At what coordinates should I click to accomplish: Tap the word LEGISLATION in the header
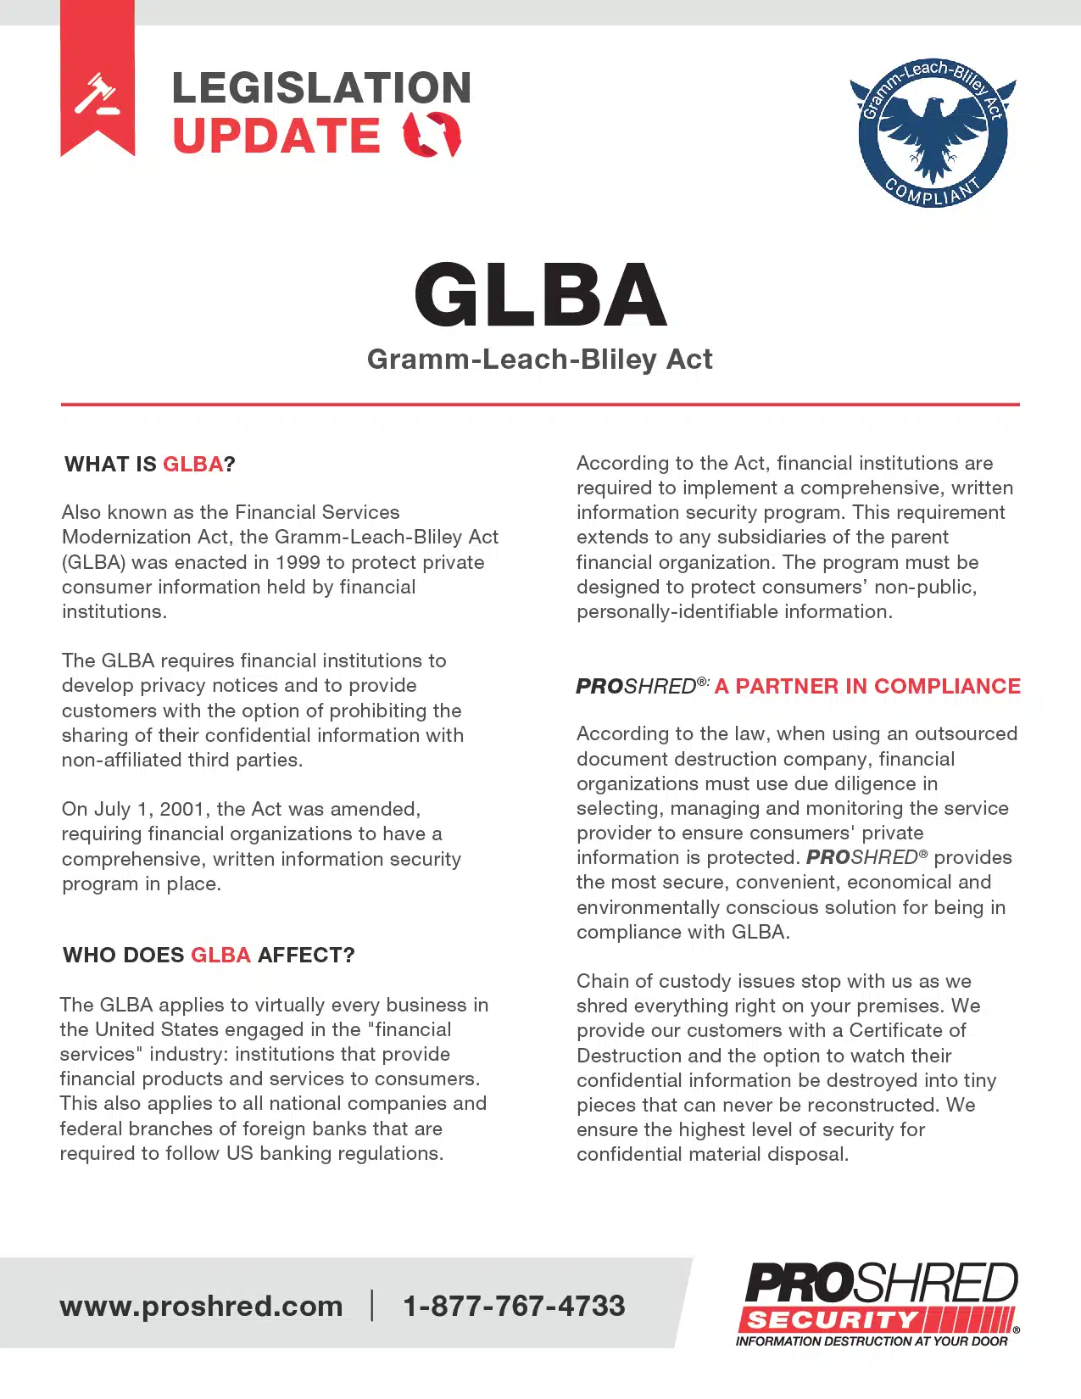coord(321,88)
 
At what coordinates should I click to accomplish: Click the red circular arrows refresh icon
coord(432,135)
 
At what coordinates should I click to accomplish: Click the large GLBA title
coord(540,295)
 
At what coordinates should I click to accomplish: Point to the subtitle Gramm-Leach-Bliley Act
coord(539,360)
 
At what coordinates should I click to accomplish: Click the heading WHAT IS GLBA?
coord(150,465)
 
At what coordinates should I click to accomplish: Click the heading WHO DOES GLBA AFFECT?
coord(209,956)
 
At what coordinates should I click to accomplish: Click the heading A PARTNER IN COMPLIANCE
coord(866,686)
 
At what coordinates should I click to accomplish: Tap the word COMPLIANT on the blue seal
coord(933,192)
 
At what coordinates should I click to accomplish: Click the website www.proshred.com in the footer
coord(201,1306)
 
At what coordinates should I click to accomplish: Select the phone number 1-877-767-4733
coord(514,1306)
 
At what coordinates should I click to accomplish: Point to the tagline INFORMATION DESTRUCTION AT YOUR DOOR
coord(872,1341)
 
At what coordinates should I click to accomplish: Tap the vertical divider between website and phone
coord(372,1305)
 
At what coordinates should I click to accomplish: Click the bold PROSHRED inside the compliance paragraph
coord(861,857)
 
